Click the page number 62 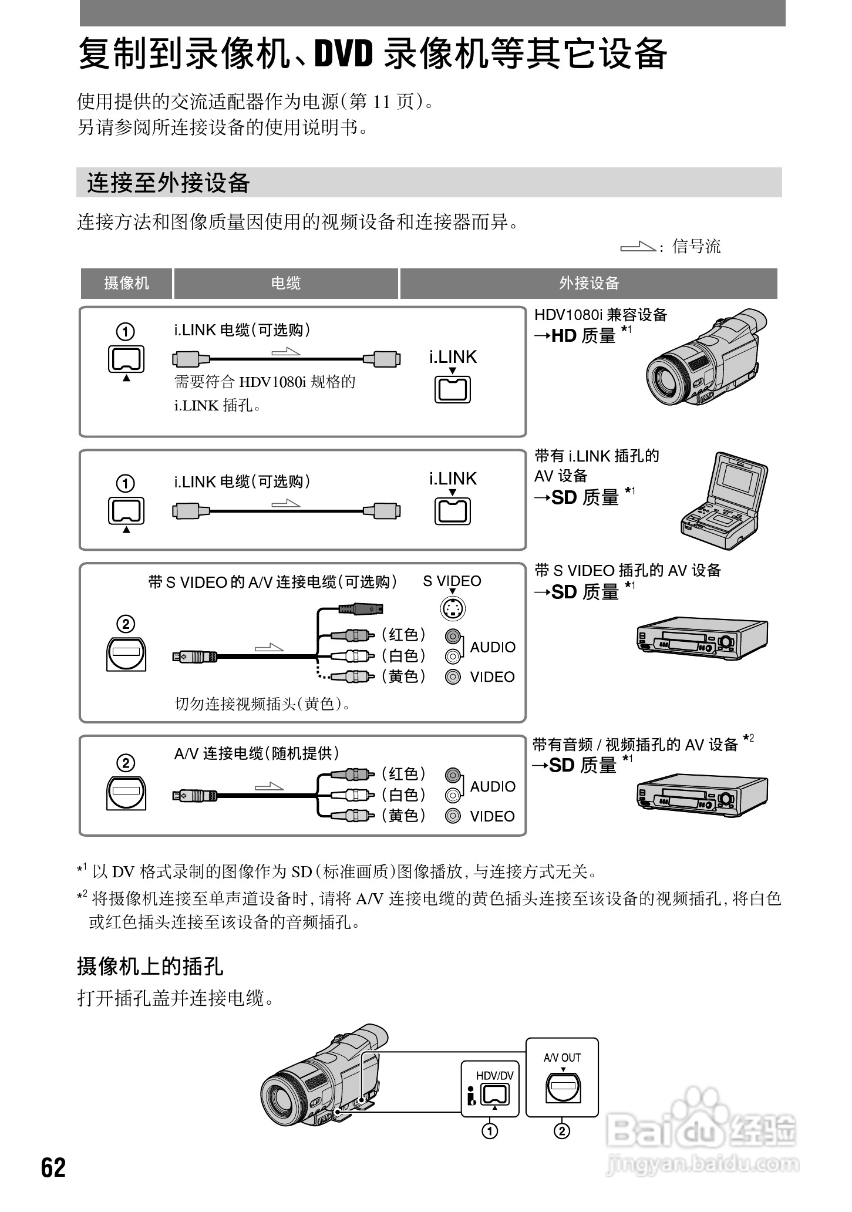pos(53,1168)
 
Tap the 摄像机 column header pos(126,284)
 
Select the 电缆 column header pos(286,284)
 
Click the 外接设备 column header pos(589,284)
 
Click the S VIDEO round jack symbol pos(453,609)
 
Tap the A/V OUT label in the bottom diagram pos(562,1058)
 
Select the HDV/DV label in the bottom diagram pos(494,1075)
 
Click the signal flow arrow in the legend pos(638,247)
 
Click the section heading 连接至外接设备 pos(169,183)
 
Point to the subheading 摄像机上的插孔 pos(150,965)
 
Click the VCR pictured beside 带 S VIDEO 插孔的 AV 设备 pos(702,637)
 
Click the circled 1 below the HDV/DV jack pos(490,1130)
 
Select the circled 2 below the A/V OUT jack pos(562,1130)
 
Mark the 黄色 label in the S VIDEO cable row pos(404,676)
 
